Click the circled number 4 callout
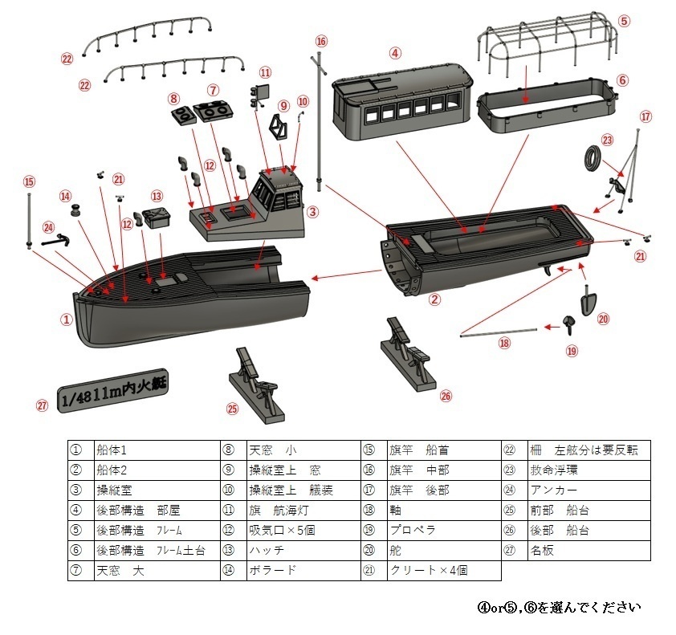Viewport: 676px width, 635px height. [395, 54]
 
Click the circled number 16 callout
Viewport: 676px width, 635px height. [321, 41]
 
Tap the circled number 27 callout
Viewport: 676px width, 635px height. [43, 405]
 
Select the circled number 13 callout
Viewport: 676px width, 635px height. [157, 195]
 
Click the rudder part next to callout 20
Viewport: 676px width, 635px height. [588, 304]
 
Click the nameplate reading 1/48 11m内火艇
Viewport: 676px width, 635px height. [115, 391]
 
